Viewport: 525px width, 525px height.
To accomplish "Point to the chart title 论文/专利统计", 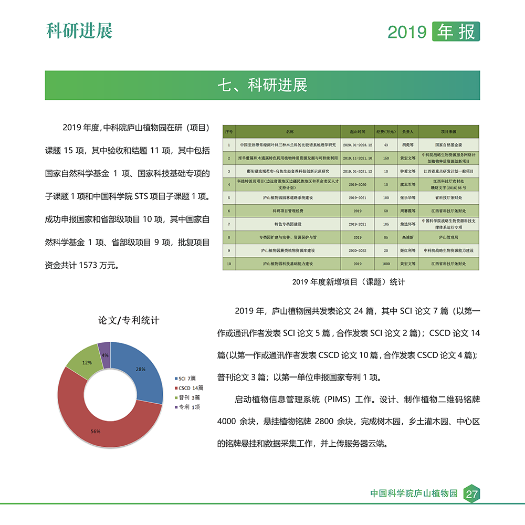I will (x=129, y=320).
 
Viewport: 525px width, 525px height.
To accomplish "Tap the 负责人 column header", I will (x=408, y=131).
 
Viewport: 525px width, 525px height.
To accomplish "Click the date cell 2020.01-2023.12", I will (x=357, y=144).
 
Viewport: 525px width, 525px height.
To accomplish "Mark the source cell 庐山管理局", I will (x=450, y=237).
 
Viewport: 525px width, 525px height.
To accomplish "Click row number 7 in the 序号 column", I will (x=229, y=224).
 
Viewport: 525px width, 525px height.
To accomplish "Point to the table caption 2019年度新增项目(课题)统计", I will (x=349, y=282).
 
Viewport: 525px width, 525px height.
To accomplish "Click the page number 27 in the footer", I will (x=471, y=494).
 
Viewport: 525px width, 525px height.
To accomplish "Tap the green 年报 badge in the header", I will (x=455, y=31).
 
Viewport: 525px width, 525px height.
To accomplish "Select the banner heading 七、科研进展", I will (x=262, y=86).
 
